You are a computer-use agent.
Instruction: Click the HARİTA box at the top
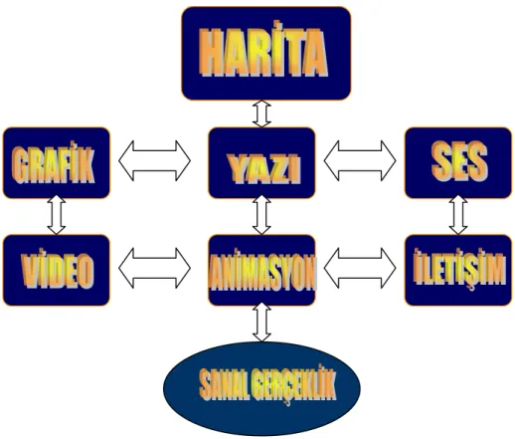(x=266, y=53)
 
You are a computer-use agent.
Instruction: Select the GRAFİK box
(x=57, y=163)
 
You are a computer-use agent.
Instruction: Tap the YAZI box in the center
(x=261, y=163)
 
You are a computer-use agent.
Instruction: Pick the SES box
(x=458, y=163)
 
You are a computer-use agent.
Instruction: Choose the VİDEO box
(x=57, y=270)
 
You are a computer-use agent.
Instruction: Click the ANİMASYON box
(x=261, y=270)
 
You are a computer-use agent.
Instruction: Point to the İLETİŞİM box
(x=458, y=270)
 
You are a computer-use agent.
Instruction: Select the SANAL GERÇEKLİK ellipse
(x=261, y=388)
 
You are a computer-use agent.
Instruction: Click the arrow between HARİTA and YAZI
(x=261, y=113)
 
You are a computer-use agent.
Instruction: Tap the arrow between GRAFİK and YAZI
(x=155, y=160)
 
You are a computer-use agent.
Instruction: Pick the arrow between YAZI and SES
(x=360, y=160)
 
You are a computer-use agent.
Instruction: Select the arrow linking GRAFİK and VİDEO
(x=57, y=215)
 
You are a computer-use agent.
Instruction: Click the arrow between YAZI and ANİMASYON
(x=261, y=215)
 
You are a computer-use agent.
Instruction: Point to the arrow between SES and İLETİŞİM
(x=458, y=215)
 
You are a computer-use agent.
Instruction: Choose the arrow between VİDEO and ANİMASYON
(x=155, y=268)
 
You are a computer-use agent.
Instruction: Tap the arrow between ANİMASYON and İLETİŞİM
(x=360, y=268)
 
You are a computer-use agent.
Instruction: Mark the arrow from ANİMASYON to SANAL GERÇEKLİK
(x=261, y=322)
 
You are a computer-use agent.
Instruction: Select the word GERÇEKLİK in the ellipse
(x=293, y=385)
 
